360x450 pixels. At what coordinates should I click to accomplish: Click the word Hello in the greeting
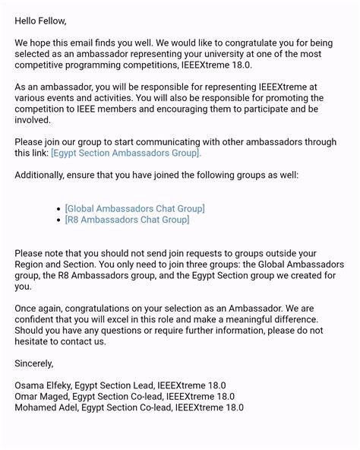click(27, 21)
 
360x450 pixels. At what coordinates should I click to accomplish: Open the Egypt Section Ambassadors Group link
click(126, 153)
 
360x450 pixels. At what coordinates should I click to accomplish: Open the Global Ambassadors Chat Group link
click(135, 208)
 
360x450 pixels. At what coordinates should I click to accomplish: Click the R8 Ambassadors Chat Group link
click(127, 220)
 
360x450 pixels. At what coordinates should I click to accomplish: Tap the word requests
click(190, 253)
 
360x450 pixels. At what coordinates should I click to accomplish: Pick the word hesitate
click(35, 341)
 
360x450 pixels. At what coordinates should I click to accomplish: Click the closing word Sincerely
click(34, 363)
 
